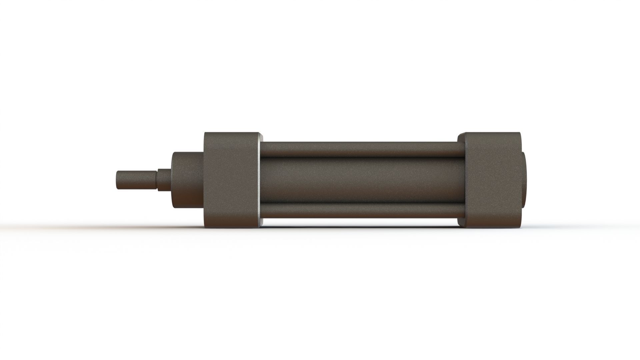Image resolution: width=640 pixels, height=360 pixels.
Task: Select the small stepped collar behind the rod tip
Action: (x=164, y=180)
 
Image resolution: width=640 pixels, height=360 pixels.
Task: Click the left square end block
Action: (x=230, y=180)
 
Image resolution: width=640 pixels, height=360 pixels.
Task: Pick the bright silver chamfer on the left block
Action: (x=260, y=180)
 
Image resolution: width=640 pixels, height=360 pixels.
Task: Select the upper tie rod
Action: (x=360, y=149)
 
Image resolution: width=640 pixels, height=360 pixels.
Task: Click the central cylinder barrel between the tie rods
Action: (x=360, y=180)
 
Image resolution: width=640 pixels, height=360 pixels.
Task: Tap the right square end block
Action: (x=493, y=180)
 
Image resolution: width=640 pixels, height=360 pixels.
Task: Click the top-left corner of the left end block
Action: (x=205, y=133)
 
